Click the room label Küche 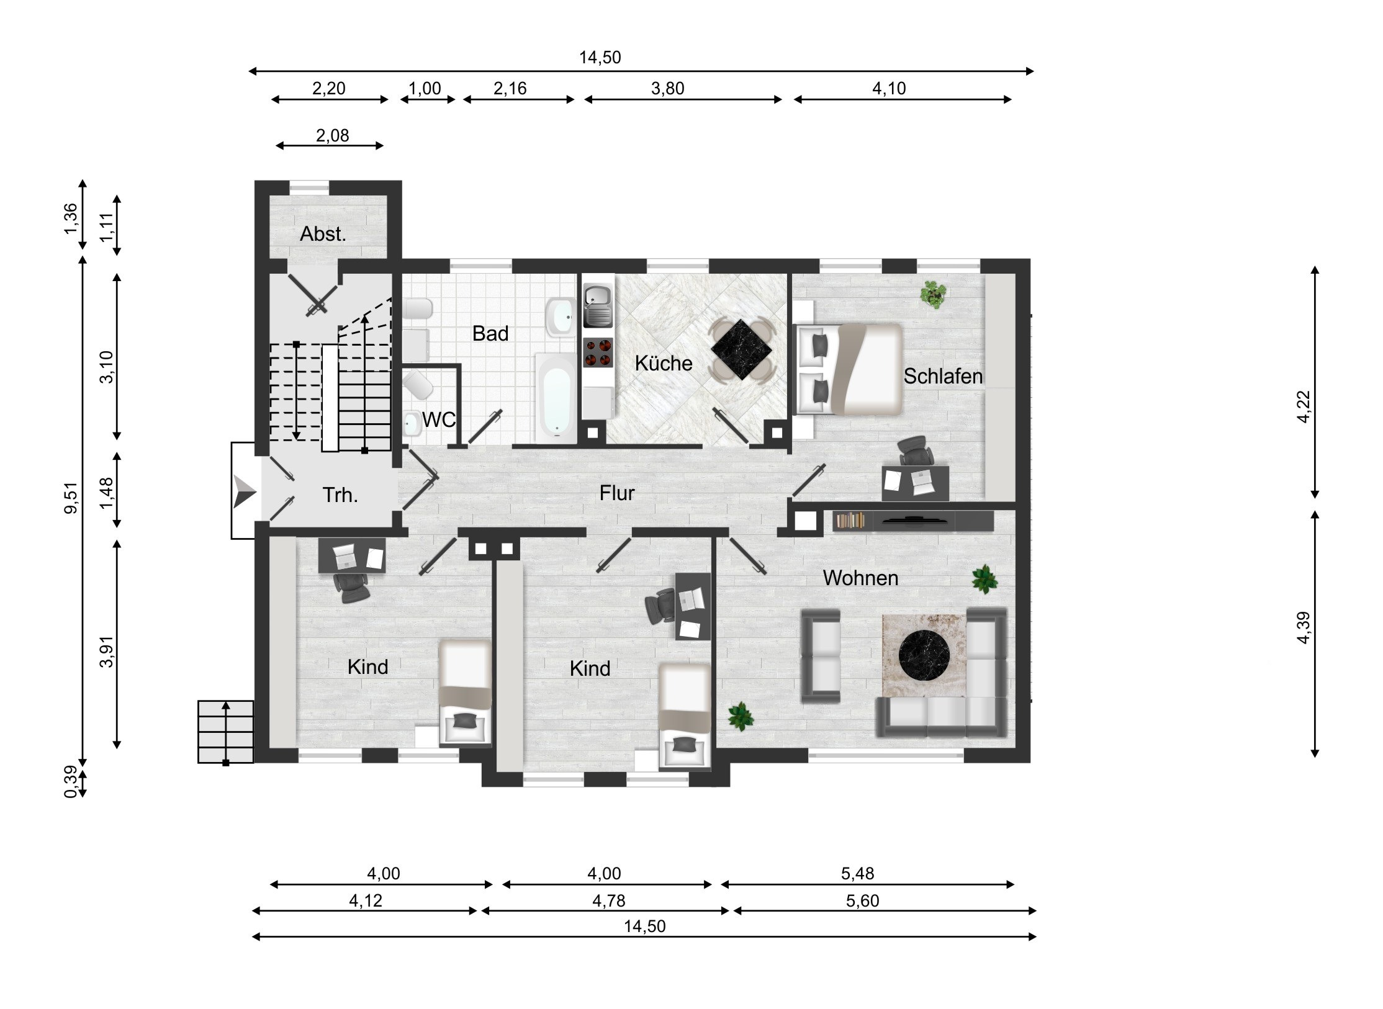pyautogui.click(x=663, y=363)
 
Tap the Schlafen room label pyautogui.click(x=943, y=376)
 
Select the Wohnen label pyautogui.click(x=860, y=578)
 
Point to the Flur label pyautogui.click(x=617, y=493)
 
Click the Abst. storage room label pyautogui.click(x=323, y=234)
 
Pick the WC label pyautogui.click(x=439, y=420)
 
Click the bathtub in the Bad pyautogui.click(x=555, y=398)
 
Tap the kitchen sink pyautogui.click(x=598, y=306)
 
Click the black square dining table pyautogui.click(x=742, y=349)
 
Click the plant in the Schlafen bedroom pyautogui.click(x=933, y=293)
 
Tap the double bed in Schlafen pyautogui.click(x=849, y=369)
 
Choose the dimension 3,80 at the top pyautogui.click(x=667, y=89)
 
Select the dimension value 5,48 pyautogui.click(x=857, y=874)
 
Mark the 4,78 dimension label pyautogui.click(x=608, y=900)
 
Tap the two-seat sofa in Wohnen pyautogui.click(x=821, y=656)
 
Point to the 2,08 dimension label pyautogui.click(x=332, y=135)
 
